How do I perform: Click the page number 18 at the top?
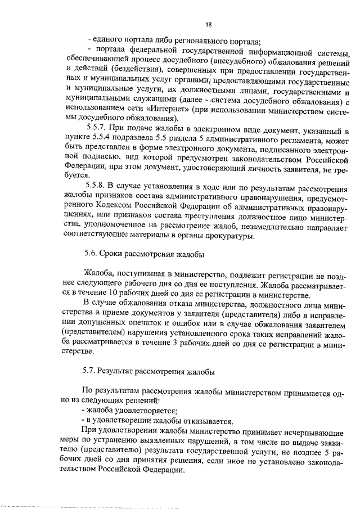point(208,24)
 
